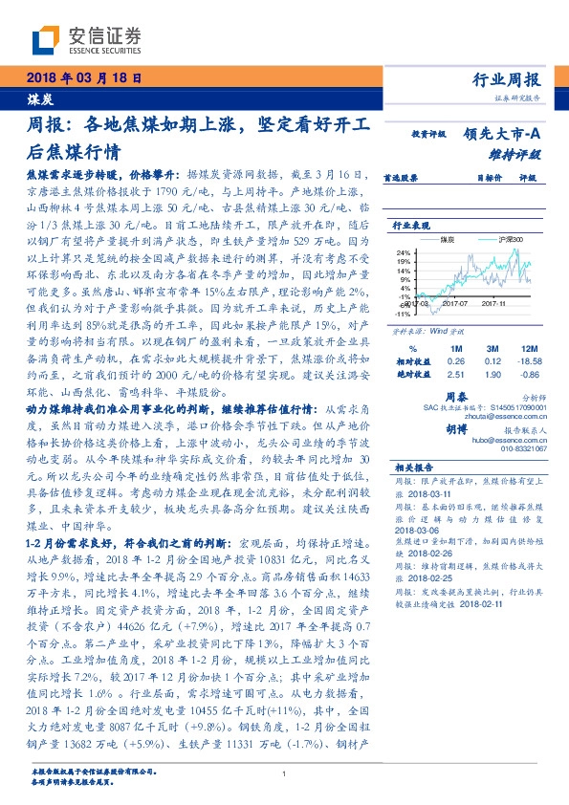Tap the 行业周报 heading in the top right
(506, 79)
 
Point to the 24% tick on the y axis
(403, 250)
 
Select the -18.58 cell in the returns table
(522, 360)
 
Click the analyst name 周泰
(455, 394)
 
